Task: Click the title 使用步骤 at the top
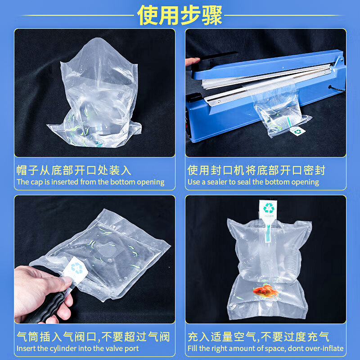180,15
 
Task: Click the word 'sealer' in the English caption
219,182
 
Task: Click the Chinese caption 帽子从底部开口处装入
74,170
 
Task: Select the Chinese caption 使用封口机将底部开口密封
256,170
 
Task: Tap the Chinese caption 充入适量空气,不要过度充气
258,337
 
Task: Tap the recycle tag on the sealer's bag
297,131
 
